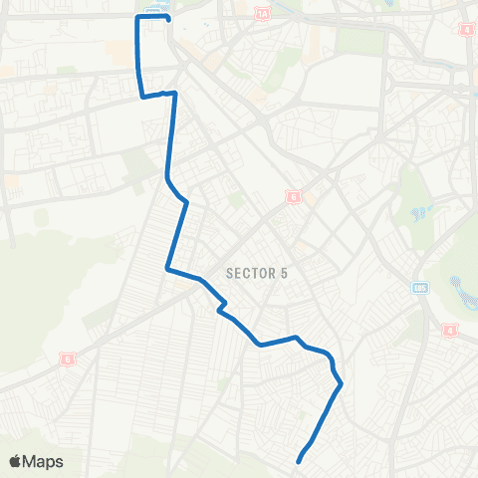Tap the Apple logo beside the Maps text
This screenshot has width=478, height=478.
[x=16, y=461]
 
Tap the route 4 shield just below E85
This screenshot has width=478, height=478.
[x=449, y=329]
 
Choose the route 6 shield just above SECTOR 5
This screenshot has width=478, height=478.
[x=294, y=197]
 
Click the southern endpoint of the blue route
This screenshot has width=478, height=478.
[x=299, y=460]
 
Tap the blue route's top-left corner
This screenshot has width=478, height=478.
[x=137, y=17]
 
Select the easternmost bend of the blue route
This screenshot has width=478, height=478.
[x=341, y=383]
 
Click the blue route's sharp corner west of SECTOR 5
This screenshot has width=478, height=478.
[x=167, y=268]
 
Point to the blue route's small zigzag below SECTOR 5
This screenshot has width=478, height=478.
[x=222, y=307]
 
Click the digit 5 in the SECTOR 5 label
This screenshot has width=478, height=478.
[x=284, y=274]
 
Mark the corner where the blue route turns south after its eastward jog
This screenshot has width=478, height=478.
[x=175, y=94]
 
